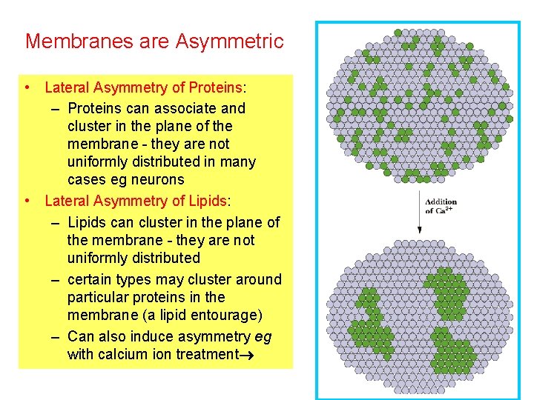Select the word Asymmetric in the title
(230, 41)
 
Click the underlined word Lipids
(207, 201)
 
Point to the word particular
(96, 297)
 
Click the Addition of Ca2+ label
(440, 206)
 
